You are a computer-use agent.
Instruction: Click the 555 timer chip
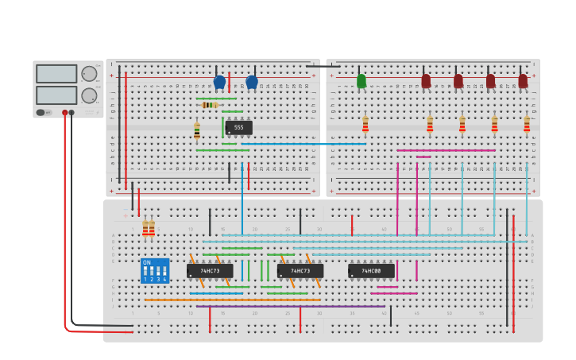[238, 127]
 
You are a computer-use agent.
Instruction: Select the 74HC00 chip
[371, 271]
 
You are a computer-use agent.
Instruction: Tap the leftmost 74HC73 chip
[210, 271]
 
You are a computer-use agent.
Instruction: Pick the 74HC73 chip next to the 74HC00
[300, 271]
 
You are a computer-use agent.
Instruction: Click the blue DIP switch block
[155, 270]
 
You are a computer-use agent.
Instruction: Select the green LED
[361, 81]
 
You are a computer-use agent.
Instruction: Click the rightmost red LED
[523, 81]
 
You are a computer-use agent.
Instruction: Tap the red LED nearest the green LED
[426, 81]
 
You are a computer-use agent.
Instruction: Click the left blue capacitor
[219, 82]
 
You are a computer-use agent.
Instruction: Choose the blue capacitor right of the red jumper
[252, 82]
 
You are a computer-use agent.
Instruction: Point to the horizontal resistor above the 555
[210, 105]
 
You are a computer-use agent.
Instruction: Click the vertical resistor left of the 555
[197, 130]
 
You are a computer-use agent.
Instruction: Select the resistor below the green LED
[365, 125]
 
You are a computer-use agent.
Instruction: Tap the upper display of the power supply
[56, 74]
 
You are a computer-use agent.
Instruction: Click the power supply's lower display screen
[56, 95]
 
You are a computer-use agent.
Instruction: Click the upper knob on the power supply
[89, 74]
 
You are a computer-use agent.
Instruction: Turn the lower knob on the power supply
[89, 95]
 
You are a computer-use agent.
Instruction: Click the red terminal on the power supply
[65, 113]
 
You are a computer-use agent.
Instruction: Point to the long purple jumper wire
[291, 306]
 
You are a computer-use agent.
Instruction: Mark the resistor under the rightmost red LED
[527, 125]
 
